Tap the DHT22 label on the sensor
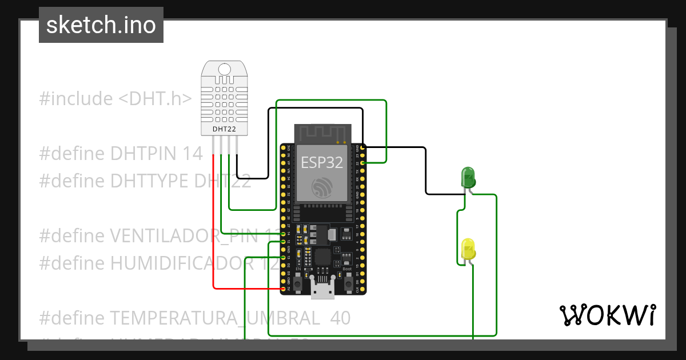224,129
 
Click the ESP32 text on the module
322,162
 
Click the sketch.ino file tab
101,25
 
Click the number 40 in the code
340,318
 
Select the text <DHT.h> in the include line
155,99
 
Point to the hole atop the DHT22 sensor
225,69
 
